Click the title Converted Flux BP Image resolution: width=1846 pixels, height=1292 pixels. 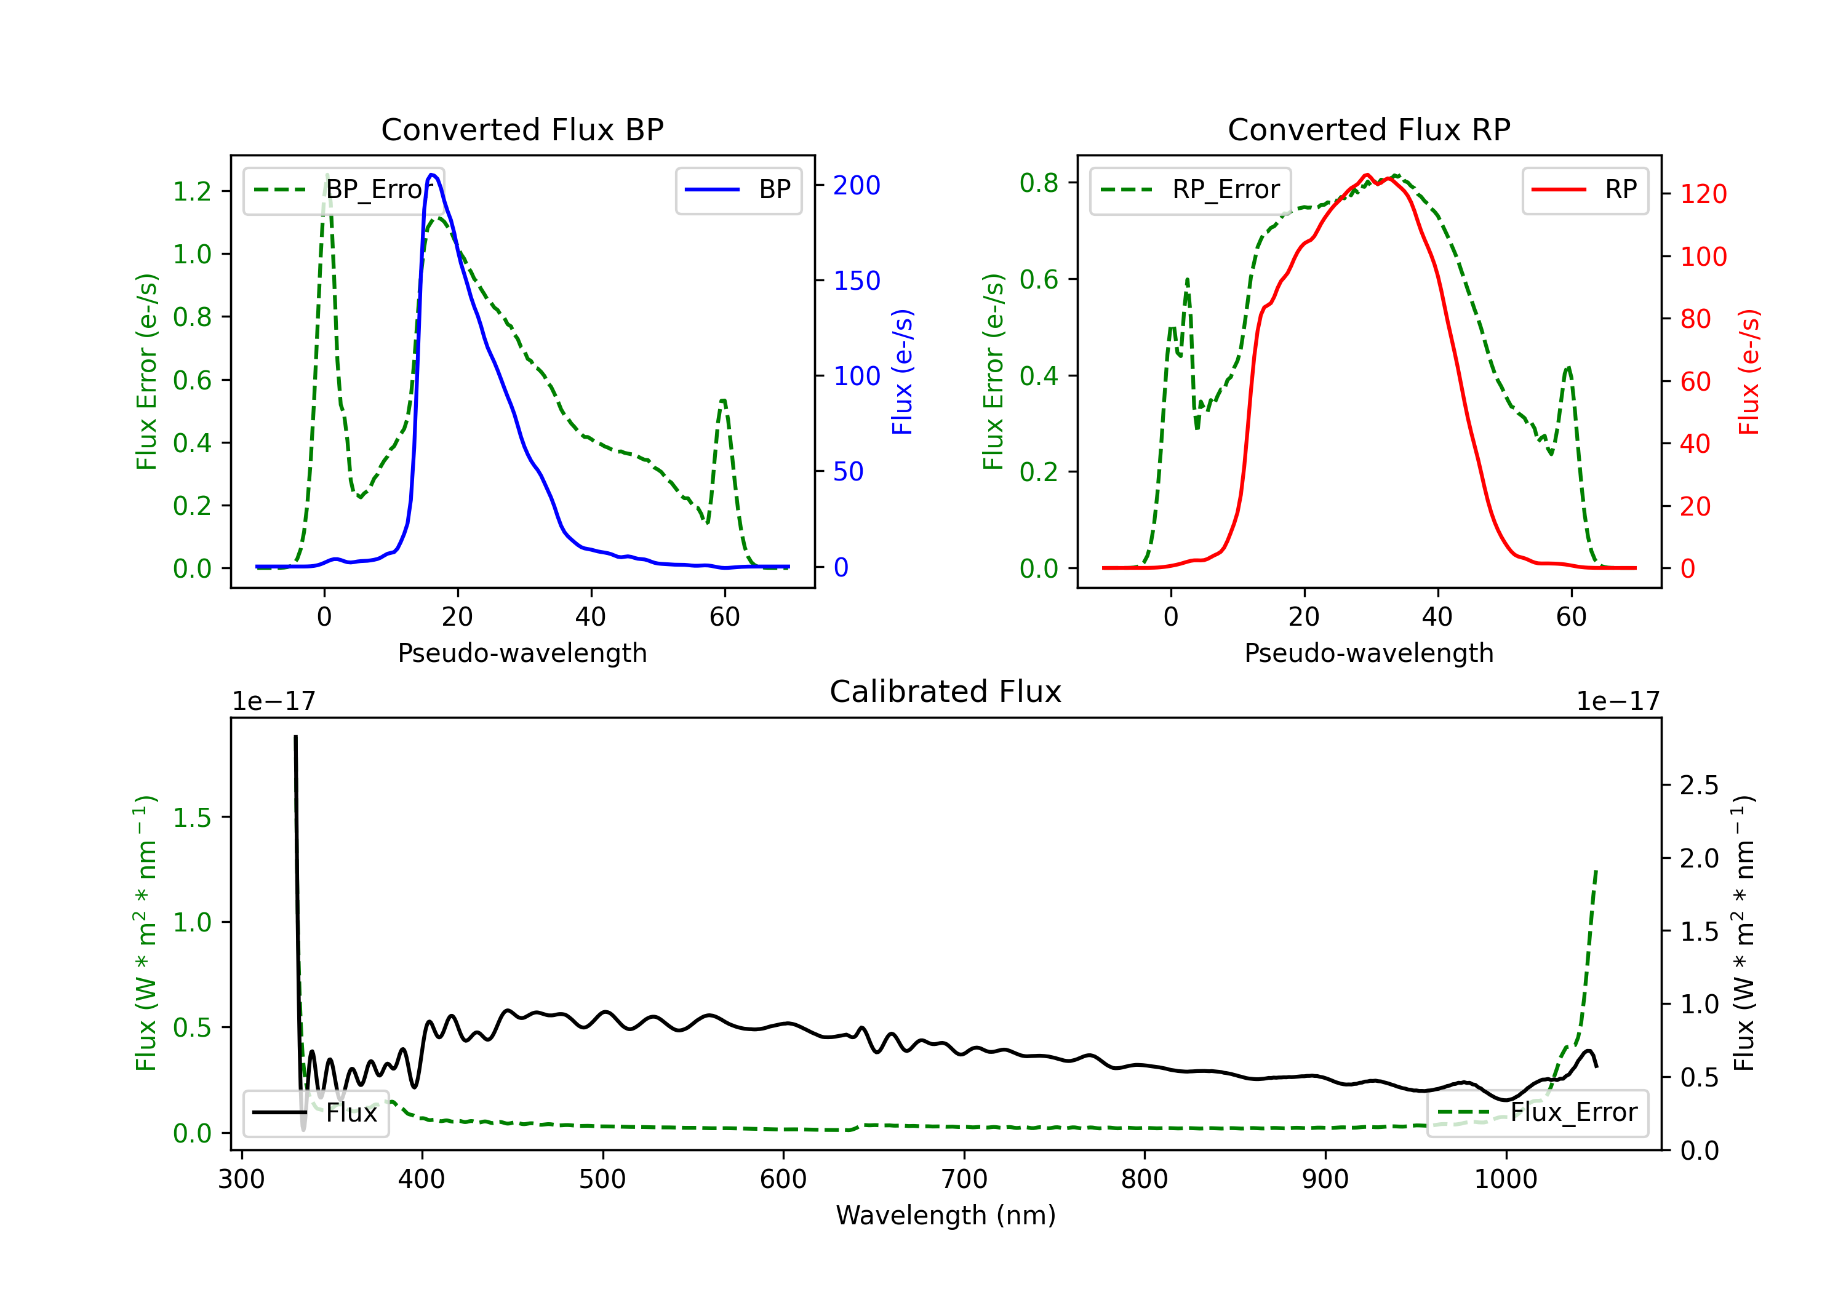pyautogui.click(x=522, y=129)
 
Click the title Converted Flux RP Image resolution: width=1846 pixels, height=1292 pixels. pyautogui.click(x=1369, y=129)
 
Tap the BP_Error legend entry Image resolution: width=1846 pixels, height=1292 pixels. pyautogui.click(x=343, y=189)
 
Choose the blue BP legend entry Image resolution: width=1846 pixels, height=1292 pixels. pyautogui.click(x=738, y=189)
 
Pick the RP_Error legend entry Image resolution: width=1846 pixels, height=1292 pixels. pyautogui.click(x=1190, y=189)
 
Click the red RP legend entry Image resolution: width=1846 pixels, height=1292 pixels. pyautogui.click(x=1584, y=189)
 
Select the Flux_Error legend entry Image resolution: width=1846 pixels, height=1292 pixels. pyautogui.click(x=1537, y=1113)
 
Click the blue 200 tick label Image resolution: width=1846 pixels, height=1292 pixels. pyautogui.click(x=857, y=186)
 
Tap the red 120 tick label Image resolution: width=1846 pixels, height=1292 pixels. pyautogui.click(x=1703, y=194)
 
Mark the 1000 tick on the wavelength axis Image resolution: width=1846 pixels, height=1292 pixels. pyautogui.click(x=1505, y=1179)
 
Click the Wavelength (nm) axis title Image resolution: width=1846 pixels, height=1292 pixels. pyautogui.click(x=946, y=1215)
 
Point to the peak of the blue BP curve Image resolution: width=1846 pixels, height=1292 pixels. pyautogui.click(x=433, y=175)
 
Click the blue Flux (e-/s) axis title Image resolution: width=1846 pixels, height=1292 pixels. pyautogui.click(x=902, y=372)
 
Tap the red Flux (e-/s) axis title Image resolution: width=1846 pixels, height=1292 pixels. pyautogui.click(x=1749, y=372)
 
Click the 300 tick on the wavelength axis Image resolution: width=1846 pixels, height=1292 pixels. pyautogui.click(x=241, y=1179)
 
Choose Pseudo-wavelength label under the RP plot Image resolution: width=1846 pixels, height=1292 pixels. pyautogui.click(x=1369, y=653)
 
